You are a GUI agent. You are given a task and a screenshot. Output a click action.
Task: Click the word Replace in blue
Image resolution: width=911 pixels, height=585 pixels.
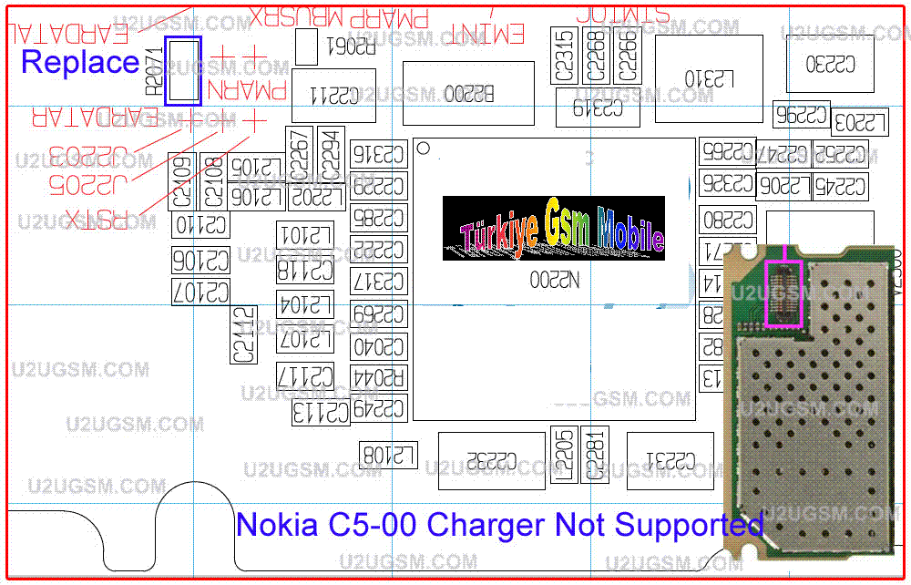point(80,62)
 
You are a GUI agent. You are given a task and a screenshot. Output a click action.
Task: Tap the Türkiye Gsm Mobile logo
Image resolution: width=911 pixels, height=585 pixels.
point(553,228)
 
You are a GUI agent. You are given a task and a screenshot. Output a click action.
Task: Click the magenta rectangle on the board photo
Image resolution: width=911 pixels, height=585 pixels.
point(783,293)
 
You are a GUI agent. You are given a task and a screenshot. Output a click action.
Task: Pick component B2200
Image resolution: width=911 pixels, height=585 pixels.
point(468,94)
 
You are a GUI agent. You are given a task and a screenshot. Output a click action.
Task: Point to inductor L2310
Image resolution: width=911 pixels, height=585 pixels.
point(709,79)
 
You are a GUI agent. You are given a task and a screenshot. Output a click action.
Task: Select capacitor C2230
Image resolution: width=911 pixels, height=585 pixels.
point(830,64)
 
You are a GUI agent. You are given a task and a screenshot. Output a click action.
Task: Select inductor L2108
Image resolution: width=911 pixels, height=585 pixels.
point(389,454)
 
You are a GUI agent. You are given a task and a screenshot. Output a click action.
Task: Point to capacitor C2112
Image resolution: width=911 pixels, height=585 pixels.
point(242,334)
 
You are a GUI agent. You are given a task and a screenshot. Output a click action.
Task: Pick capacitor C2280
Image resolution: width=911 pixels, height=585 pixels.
point(728,219)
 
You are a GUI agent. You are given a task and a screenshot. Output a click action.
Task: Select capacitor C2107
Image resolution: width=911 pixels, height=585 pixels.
point(200,292)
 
